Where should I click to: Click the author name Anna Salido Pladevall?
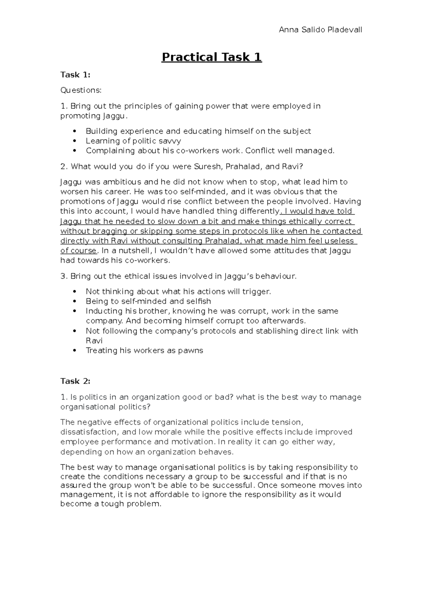(x=320, y=30)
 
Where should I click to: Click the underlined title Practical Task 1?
(x=211, y=57)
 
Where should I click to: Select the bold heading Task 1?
(x=75, y=75)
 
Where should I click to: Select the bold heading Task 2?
(x=75, y=381)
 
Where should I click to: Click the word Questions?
(x=81, y=90)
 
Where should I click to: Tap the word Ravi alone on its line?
(x=94, y=341)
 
